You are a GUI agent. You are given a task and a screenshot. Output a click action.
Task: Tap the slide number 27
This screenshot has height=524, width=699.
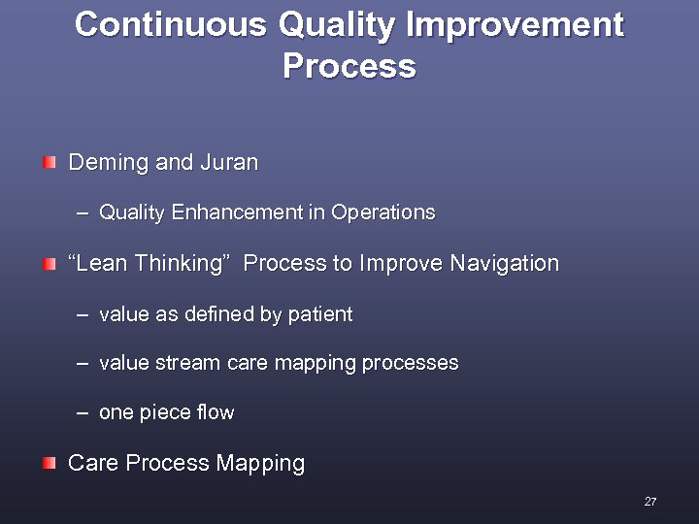(649, 502)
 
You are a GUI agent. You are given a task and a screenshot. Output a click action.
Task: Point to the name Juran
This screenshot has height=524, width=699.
(229, 163)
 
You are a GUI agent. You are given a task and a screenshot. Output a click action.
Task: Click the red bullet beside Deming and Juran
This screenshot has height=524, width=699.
(49, 161)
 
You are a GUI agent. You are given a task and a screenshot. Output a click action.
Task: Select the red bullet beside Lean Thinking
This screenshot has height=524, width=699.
(49, 263)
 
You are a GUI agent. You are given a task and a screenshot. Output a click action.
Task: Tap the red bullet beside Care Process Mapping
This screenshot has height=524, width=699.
(49, 463)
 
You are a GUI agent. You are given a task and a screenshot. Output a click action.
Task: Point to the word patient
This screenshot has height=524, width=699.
(321, 314)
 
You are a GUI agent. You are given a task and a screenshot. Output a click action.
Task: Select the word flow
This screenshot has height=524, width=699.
(215, 412)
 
